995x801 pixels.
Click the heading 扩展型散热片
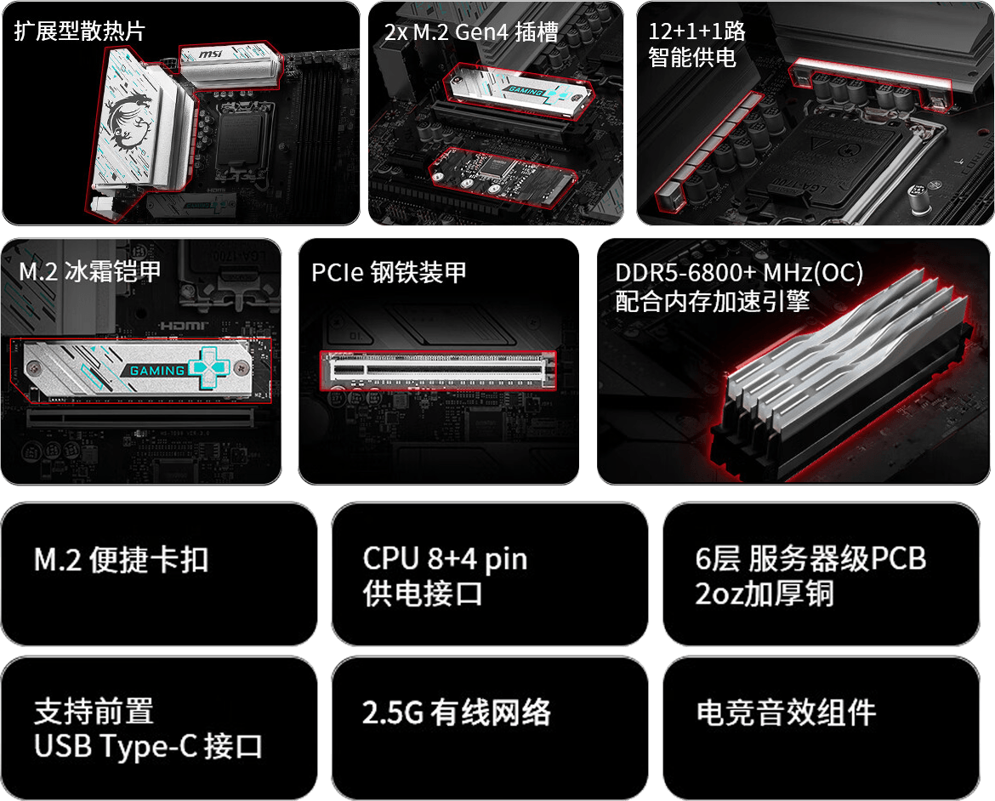[79, 31]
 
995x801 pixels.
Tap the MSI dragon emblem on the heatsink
[129, 122]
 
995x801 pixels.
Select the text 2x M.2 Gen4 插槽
[471, 31]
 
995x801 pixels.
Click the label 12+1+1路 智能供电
[696, 44]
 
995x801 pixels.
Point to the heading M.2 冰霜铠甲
[89, 271]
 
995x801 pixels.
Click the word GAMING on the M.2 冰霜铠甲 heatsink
[156, 370]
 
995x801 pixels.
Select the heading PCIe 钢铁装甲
[389, 272]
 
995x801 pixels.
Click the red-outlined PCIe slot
[438, 369]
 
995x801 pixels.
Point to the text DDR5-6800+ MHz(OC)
[739, 272]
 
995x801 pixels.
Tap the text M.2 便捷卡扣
[121, 560]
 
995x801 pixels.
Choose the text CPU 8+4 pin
[445, 559]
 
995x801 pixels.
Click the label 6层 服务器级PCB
[810, 559]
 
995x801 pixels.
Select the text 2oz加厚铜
[764, 594]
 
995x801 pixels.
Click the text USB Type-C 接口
[148, 747]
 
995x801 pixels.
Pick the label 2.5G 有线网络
[456, 712]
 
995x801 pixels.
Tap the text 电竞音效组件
[786, 712]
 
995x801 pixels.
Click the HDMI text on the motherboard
[184, 326]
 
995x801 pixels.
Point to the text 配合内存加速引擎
[712, 301]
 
